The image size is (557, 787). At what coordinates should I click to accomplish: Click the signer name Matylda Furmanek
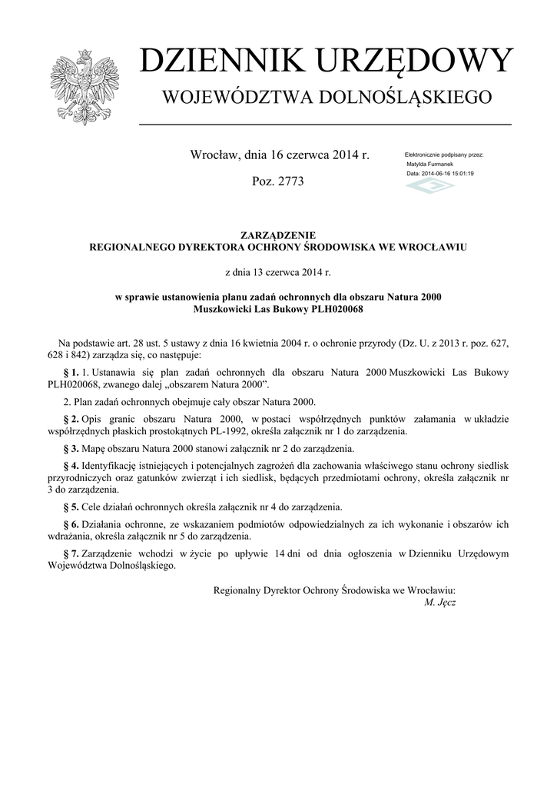429,164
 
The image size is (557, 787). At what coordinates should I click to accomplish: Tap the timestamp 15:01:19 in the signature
460,174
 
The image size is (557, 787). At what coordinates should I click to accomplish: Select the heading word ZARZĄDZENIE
278,235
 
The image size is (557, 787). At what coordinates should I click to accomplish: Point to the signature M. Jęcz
440,602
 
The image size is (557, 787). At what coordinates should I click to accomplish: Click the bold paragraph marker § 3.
70,447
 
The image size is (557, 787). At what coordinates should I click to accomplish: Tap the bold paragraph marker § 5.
70,507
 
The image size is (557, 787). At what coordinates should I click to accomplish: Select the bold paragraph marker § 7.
70,553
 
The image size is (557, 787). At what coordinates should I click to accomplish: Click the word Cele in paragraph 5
93,507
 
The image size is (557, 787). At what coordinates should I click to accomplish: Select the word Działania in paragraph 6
103,524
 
